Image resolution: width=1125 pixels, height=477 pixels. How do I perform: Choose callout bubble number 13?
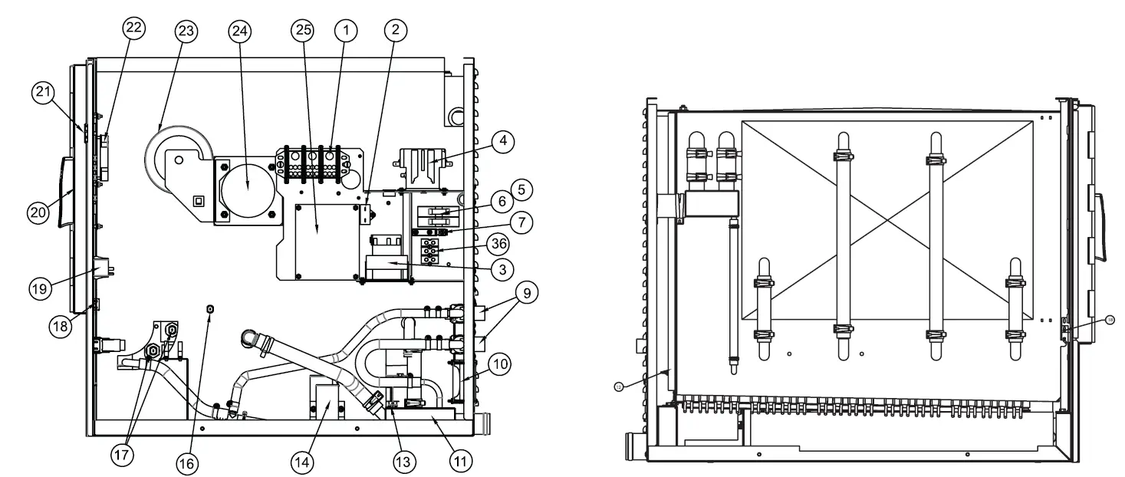tap(404, 461)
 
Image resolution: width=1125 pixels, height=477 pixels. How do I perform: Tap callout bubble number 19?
tap(40, 288)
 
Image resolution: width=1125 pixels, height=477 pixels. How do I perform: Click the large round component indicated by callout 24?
tap(247, 186)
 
